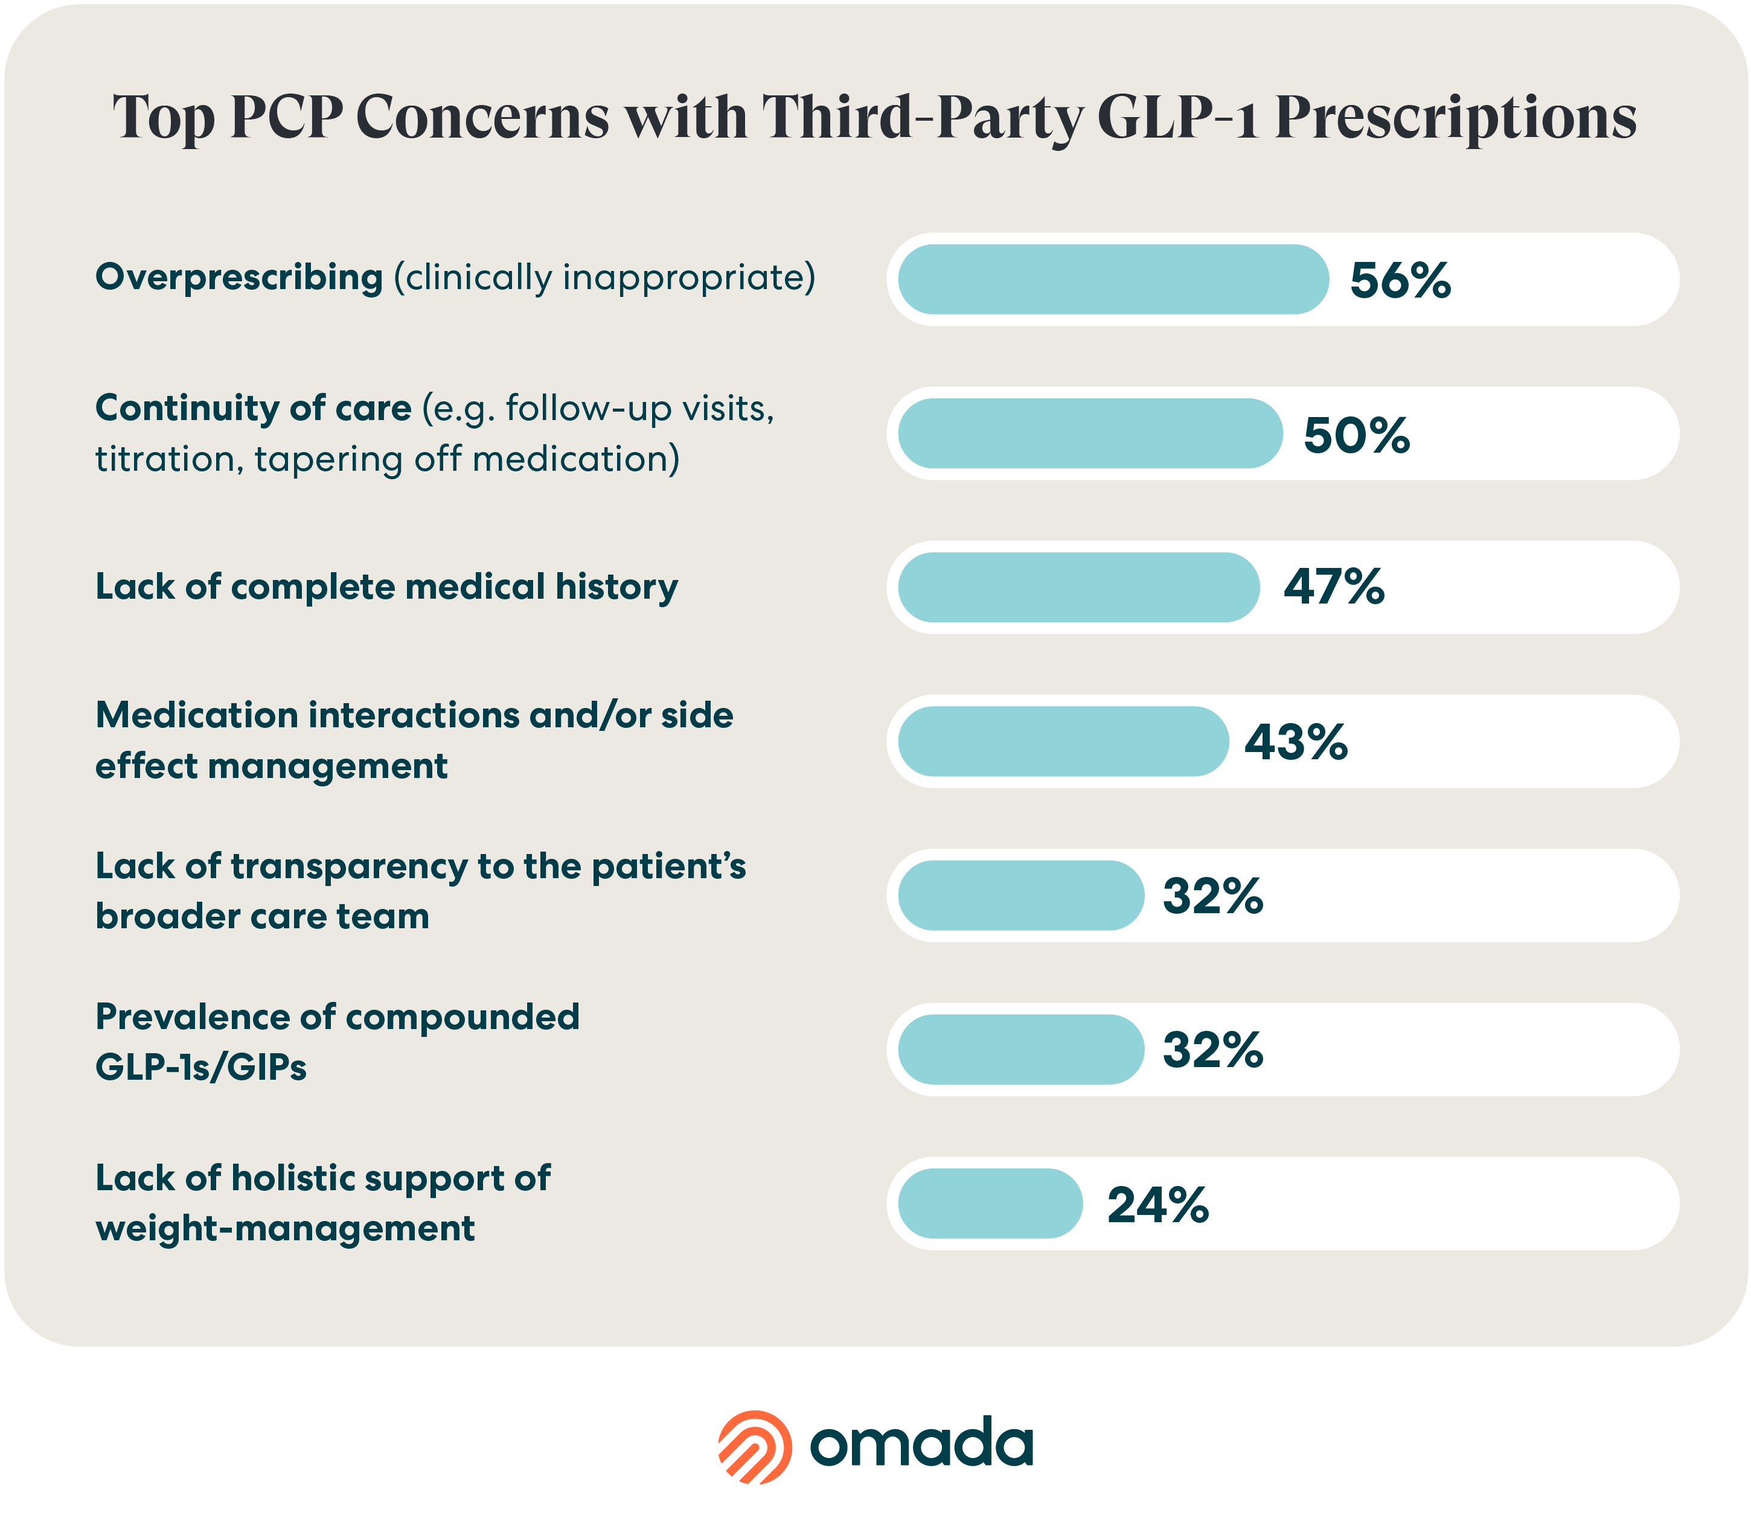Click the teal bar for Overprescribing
point(1112,279)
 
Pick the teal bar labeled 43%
point(1063,741)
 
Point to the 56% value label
point(1400,280)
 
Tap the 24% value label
point(1157,1205)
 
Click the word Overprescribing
point(239,278)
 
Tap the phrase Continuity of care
point(253,408)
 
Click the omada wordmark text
point(921,1445)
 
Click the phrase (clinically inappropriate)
point(604,278)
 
